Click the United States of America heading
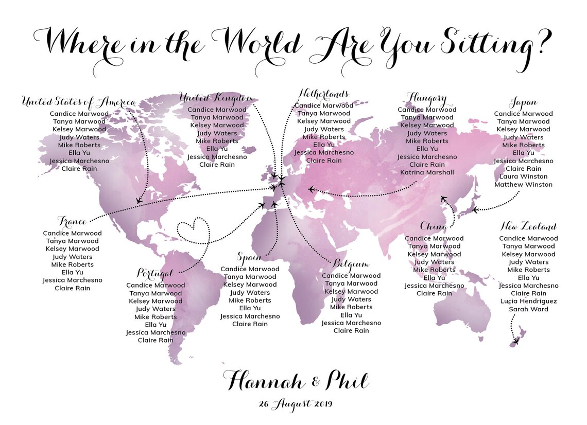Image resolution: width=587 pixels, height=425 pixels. pos(78,102)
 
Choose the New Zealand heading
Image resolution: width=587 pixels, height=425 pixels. pos(528,227)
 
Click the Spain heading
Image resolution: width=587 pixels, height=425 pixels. pos(250,257)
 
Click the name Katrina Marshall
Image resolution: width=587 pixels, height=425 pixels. pos(427,172)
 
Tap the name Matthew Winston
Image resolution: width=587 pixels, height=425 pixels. pos(523,184)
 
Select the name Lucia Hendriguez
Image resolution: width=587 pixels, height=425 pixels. pos(528,301)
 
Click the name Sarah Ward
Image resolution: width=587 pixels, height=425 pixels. pos(528,309)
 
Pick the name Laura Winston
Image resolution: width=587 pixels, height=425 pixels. pos(523,176)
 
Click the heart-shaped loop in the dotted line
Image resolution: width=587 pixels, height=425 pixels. pos(193,231)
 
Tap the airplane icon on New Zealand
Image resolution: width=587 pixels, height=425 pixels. pos(515,341)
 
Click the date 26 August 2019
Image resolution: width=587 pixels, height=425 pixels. pos(296,404)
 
